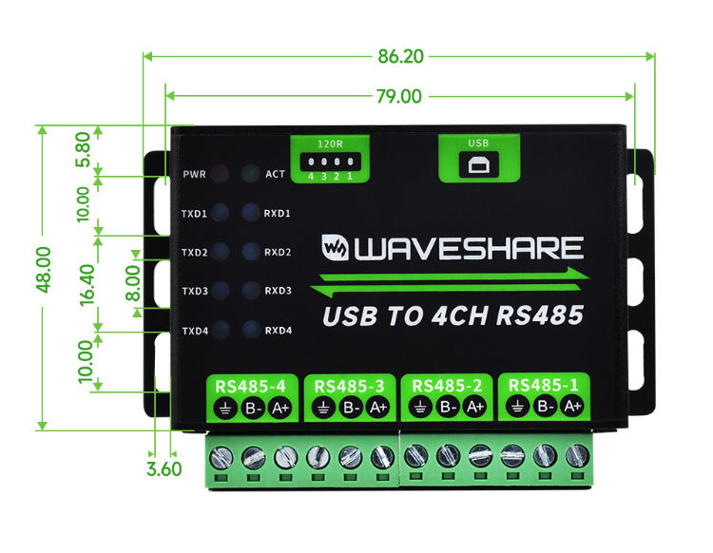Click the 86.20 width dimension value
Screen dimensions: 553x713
[400, 56]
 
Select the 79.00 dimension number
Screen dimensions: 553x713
[398, 96]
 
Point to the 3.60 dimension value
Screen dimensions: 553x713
[164, 468]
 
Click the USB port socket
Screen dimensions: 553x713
[478, 164]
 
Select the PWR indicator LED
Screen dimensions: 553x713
[220, 174]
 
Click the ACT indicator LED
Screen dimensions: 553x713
[250, 174]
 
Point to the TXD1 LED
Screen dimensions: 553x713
[220, 213]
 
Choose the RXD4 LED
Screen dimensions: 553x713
[251, 331]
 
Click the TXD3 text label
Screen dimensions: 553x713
[193, 292]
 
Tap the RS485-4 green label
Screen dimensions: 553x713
[252, 386]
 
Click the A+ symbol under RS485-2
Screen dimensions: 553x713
[475, 407]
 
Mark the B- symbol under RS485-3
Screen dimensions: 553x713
[350, 408]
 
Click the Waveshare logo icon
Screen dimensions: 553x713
[336, 248]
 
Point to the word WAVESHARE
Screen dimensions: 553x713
[469, 249]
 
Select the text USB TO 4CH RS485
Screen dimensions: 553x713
[453, 315]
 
